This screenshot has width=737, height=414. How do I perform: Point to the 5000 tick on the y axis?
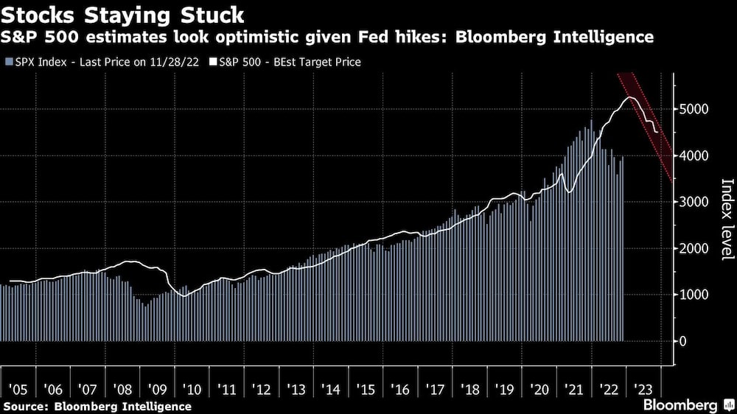(x=694, y=110)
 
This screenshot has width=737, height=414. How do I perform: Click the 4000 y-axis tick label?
(x=694, y=156)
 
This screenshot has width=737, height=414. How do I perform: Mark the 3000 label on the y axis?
(x=694, y=203)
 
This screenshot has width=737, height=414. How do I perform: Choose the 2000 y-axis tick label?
(x=694, y=249)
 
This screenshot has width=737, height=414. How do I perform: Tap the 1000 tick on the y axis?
(x=694, y=295)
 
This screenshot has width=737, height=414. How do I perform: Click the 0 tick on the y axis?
(x=683, y=342)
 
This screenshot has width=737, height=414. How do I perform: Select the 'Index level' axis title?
(x=726, y=220)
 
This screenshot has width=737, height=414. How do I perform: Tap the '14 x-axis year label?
(x=328, y=388)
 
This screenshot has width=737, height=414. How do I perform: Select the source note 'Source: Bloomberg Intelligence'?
(x=97, y=406)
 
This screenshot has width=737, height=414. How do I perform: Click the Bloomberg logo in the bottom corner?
(x=688, y=405)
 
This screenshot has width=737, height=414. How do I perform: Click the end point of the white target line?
(x=658, y=132)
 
